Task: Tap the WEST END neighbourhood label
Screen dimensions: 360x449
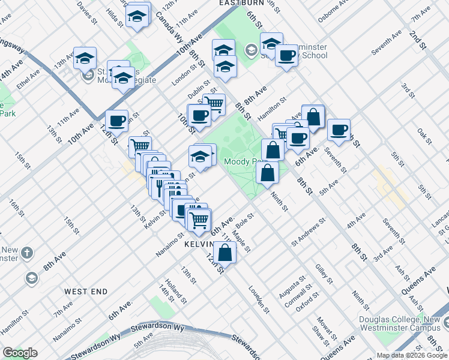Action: click(86, 292)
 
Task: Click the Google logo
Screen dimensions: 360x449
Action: click(20, 353)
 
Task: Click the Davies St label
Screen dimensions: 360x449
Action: click(87, 12)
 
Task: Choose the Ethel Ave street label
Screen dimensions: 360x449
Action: click(28, 79)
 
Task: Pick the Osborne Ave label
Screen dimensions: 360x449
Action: click(333, 10)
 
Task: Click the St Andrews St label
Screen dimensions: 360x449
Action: click(308, 232)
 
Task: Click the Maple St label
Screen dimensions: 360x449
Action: click(241, 241)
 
